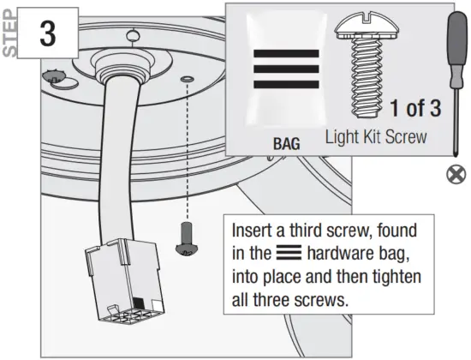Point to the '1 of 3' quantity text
click(x=414, y=109)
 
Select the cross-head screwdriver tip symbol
click(x=453, y=176)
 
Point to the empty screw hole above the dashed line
click(x=188, y=79)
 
